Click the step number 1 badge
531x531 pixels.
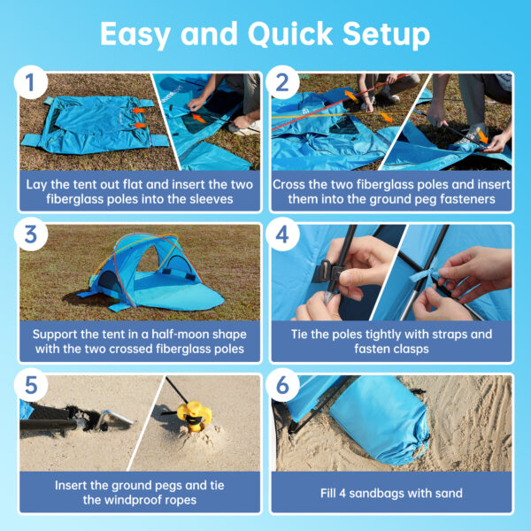(30, 83)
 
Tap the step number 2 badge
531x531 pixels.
(282, 83)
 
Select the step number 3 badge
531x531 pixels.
(30, 235)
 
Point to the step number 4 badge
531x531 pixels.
(282, 235)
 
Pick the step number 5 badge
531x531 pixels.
(30, 386)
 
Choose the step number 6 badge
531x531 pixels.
(282, 386)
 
